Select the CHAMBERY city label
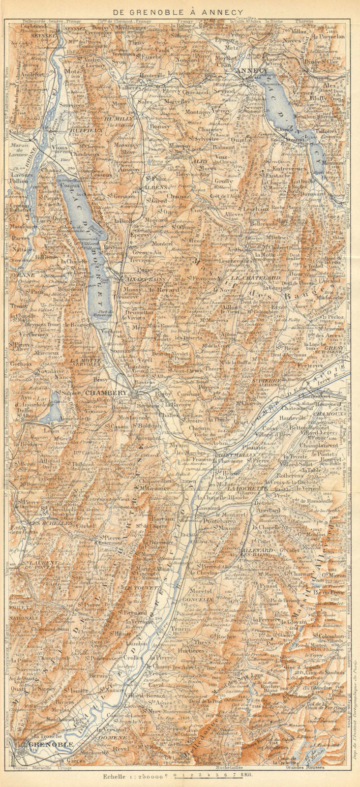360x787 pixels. click(x=106, y=393)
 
